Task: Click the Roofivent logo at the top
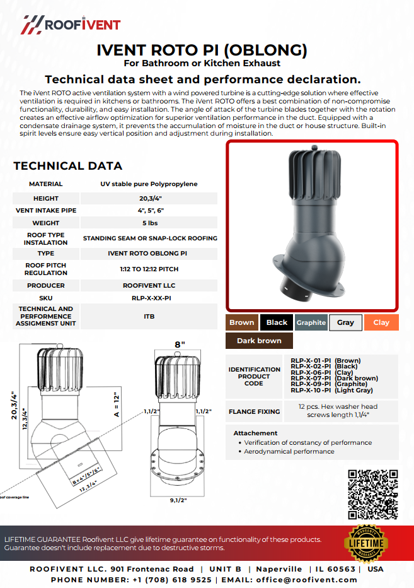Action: coord(71,25)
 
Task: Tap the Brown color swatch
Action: coord(242,322)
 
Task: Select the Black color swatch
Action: coord(277,322)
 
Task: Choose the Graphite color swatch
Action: coord(311,322)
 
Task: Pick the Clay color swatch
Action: coord(381,322)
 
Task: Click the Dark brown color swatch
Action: coord(259,341)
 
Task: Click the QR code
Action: coord(373,493)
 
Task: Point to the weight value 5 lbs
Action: coord(149,223)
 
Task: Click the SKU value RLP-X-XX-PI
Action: coord(149,298)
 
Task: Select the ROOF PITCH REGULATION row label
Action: coord(46,269)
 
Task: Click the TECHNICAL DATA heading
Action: coord(68,166)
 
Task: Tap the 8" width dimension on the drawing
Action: coord(180,345)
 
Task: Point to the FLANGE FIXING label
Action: coord(255,411)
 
